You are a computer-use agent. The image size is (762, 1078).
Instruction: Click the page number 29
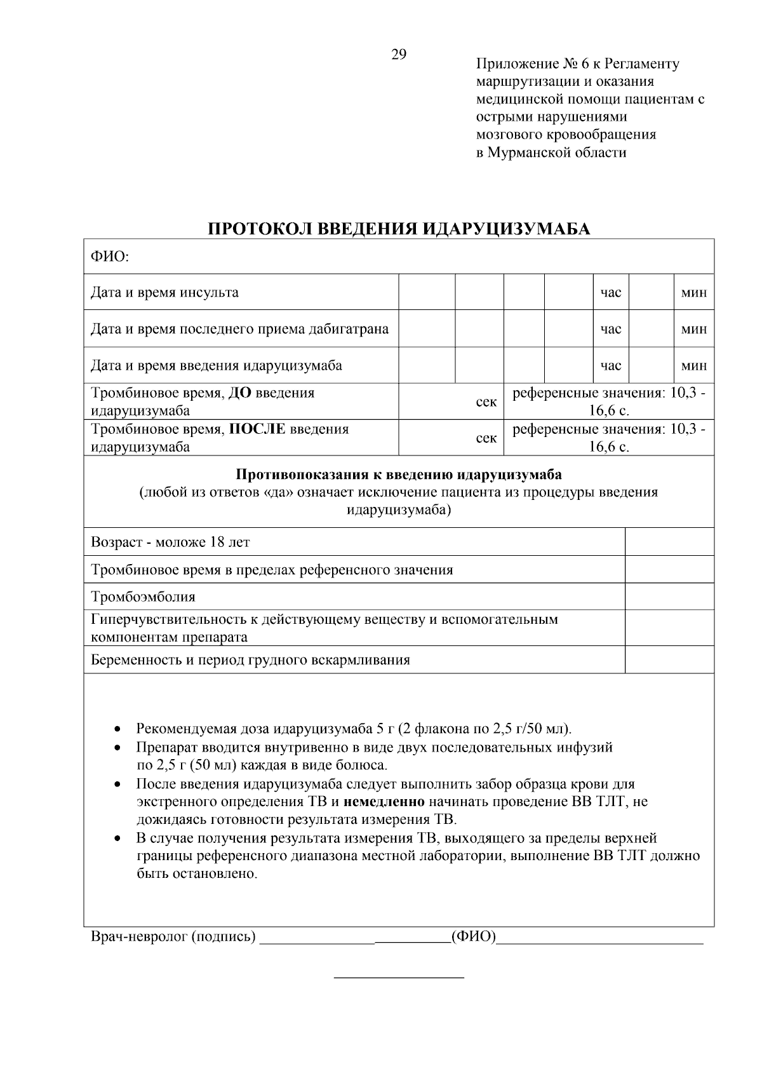pos(398,54)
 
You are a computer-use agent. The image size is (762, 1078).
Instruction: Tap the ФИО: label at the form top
pos(110,257)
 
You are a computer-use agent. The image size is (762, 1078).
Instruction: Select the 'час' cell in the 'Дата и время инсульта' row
pos(611,293)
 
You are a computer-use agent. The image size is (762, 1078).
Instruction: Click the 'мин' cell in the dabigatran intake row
pos(693,329)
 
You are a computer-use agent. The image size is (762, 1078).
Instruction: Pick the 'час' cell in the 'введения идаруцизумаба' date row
pos(611,366)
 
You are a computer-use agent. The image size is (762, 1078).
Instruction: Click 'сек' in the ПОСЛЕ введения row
pos(486,438)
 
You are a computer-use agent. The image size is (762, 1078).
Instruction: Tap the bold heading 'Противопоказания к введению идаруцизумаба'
pos(399,475)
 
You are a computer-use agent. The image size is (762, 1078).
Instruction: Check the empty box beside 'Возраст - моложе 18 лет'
pos(669,542)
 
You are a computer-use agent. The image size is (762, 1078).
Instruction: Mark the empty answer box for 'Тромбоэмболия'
pos(669,596)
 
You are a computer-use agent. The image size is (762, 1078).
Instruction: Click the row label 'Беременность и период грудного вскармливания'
pos(250,659)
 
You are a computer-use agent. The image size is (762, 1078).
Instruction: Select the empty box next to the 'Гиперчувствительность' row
pos(669,628)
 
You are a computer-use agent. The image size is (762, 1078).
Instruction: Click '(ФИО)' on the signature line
pos(473,936)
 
